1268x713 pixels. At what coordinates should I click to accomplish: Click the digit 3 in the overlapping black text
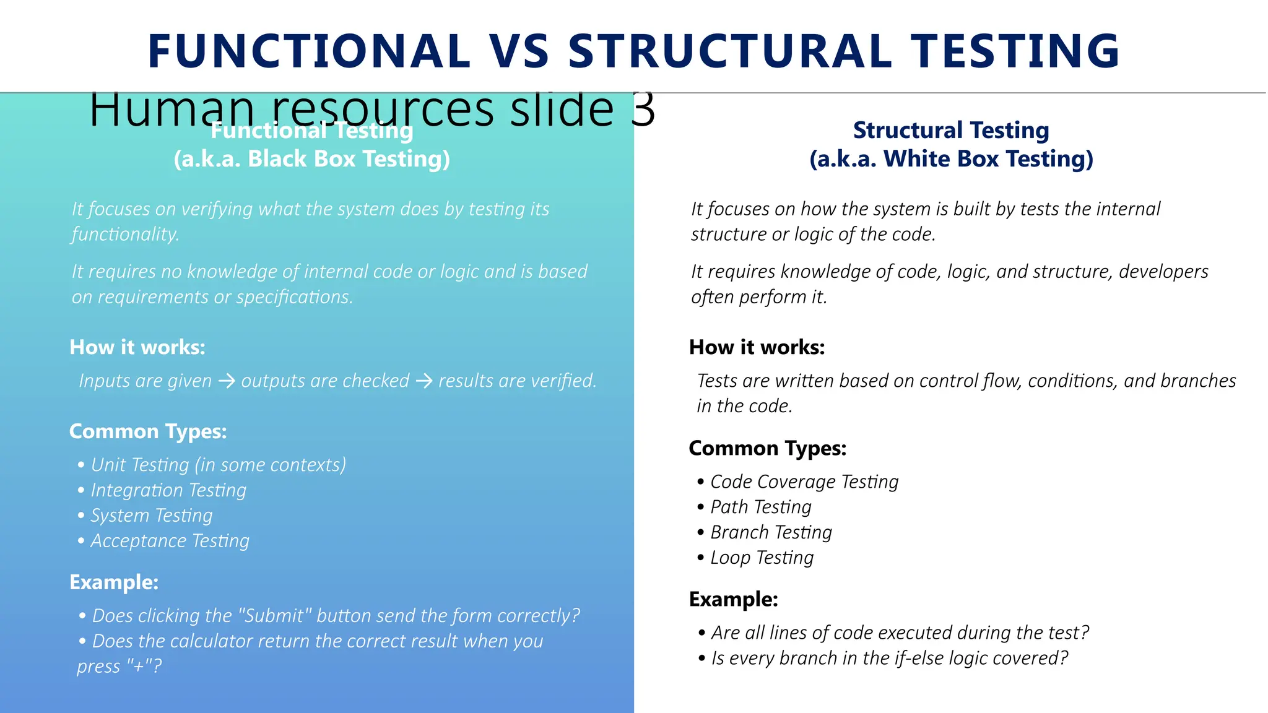(x=643, y=110)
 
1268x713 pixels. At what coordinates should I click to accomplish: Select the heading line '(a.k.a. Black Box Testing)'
(x=311, y=159)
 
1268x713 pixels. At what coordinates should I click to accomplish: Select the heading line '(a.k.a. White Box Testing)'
(x=951, y=159)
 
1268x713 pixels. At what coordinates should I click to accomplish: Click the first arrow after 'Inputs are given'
(x=227, y=381)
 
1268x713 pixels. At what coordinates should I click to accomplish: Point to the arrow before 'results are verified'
(x=424, y=381)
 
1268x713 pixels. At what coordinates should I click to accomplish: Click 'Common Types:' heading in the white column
(x=767, y=448)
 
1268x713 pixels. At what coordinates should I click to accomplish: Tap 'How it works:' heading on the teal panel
(x=137, y=347)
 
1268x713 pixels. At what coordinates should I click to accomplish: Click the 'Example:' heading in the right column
(x=733, y=599)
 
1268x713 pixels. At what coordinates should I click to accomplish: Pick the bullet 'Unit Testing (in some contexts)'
(x=218, y=465)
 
